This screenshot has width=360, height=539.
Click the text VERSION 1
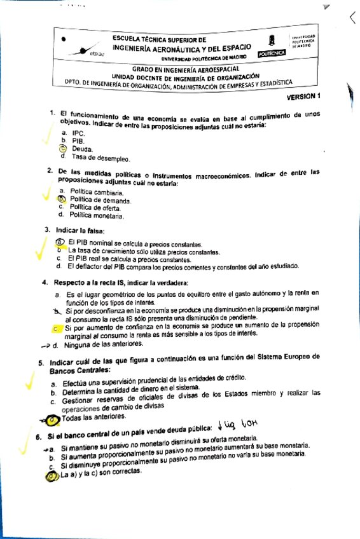[305, 97]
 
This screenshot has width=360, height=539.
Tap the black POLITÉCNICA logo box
[272, 55]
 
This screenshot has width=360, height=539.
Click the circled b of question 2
[62, 199]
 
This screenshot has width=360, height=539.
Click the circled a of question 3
[59, 242]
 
